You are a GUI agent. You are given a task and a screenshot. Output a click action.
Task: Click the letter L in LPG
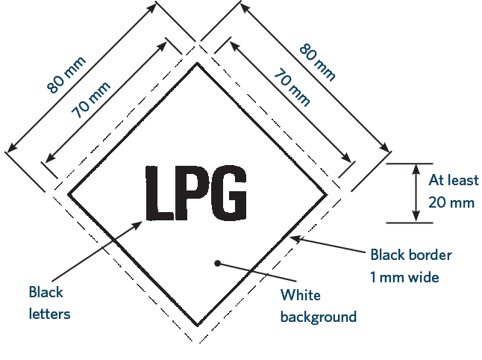(x=159, y=193)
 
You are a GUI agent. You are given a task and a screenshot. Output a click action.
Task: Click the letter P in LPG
(x=191, y=193)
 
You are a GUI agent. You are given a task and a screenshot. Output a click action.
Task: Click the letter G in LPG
(x=229, y=193)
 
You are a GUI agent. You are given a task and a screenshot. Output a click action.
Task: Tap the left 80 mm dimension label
(x=66, y=75)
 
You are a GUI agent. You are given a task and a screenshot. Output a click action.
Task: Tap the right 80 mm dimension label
(x=317, y=63)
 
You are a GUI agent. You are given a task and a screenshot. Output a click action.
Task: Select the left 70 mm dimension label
(x=90, y=99)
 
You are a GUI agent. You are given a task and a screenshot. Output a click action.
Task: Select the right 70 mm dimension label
(x=292, y=87)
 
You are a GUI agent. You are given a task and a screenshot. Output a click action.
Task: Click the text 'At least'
(x=454, y=180)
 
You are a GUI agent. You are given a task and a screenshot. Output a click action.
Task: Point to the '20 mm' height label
(x=451, y=202)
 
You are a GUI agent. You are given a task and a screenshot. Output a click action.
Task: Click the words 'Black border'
(x=411, y=255)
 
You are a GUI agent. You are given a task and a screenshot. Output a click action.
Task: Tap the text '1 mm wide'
(x=404, y=277)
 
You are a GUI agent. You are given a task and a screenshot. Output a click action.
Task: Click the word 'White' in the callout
(x=301, y=295)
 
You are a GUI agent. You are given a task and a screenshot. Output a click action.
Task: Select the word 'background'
(x=319, y=317)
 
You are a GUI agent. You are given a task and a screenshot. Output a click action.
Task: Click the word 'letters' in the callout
(x=49, y=314)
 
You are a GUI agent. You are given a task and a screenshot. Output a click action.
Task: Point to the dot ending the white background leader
(x=217, y=264)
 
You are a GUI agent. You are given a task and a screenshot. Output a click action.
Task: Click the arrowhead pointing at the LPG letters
(x=137, y=226)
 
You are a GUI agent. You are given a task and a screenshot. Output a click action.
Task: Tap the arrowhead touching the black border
(x=295, y=239)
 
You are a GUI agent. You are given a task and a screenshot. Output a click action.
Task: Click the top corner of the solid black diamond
(x=197, y=63)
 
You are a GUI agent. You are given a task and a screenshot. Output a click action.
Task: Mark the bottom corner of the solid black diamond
(x=198, y=325)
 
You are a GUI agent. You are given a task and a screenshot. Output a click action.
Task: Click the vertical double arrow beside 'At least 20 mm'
(x=416, y=193)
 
